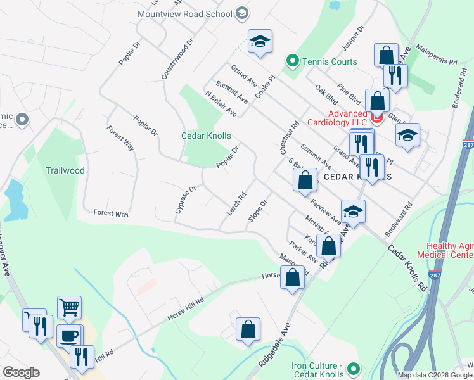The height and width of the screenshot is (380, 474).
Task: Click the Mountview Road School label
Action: tap(184, 13)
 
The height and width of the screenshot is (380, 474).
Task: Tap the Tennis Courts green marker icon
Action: tap(293, 61)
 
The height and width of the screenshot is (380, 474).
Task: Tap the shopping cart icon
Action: tap(69, 307)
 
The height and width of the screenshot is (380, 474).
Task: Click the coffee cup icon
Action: tap(68, 335)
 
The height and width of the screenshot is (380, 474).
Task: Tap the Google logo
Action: tap(21, 372)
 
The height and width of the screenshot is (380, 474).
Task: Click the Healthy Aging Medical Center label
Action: tap(449, 251)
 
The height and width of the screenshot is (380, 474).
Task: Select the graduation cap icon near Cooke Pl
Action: tap(260, 41)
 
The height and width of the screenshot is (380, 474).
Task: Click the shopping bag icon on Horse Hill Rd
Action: tap(291, 277)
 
